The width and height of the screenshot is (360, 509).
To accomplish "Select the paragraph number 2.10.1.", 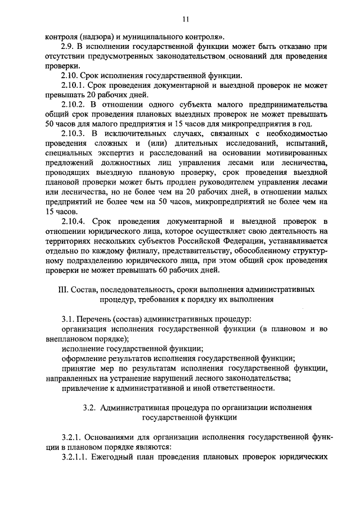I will pos(73,85).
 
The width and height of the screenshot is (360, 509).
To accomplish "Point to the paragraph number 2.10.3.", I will pos(73,133).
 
